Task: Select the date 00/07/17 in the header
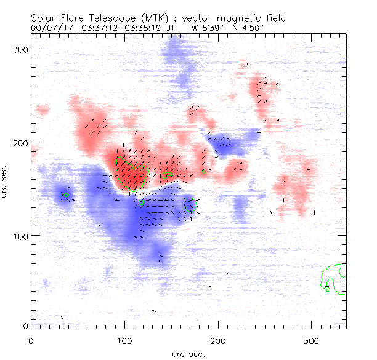50,28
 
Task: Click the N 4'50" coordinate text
248,28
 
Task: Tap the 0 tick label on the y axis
26,326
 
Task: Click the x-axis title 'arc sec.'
188,354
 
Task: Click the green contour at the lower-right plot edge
333,279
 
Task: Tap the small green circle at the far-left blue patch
65,195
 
